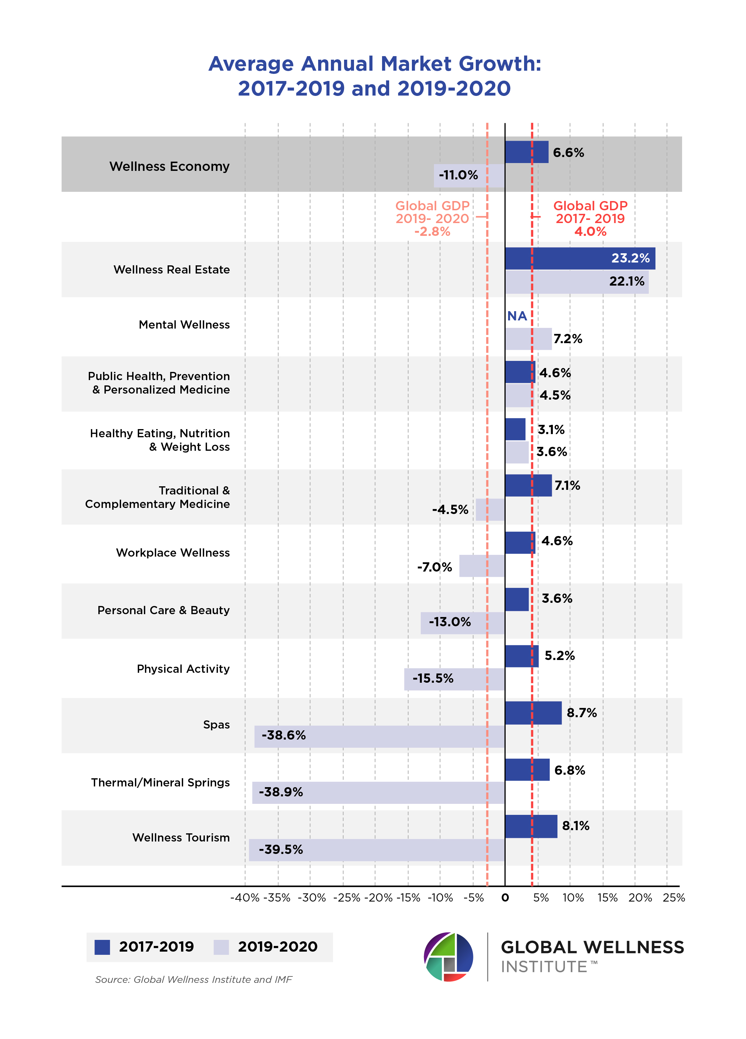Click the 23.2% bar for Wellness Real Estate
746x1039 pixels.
579,258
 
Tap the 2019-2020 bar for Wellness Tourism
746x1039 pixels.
376,850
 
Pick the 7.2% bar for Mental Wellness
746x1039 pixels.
528,339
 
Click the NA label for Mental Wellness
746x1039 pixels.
517,316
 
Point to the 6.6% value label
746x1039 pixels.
568,152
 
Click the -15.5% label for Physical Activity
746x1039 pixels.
433,678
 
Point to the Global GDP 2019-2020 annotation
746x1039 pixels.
432,218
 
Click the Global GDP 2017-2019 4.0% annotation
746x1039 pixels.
590,218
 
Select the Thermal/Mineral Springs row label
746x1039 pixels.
160,783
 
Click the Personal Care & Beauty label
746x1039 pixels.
163,610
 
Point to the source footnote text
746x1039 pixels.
193,979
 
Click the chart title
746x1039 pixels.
375,76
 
